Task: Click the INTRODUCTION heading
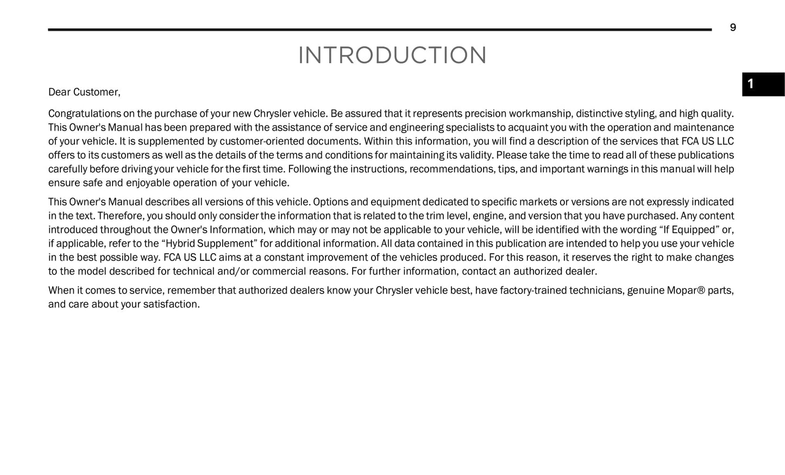tap(392, 55)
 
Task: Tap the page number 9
tap(733, 28)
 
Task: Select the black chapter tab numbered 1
tap(763, 84)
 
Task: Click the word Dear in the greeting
tap(59, 92)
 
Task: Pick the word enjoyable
tap(148, 183)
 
